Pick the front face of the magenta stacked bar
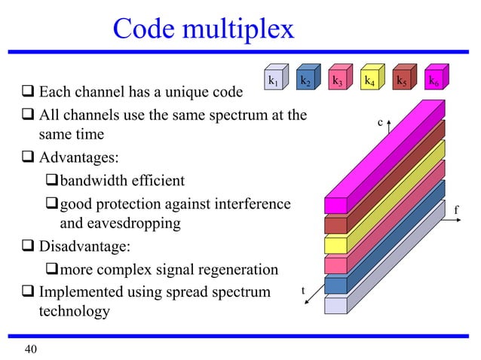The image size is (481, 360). point(335,205)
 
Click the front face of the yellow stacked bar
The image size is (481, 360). point(335,245)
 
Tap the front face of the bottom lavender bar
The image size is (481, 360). point(335,305)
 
